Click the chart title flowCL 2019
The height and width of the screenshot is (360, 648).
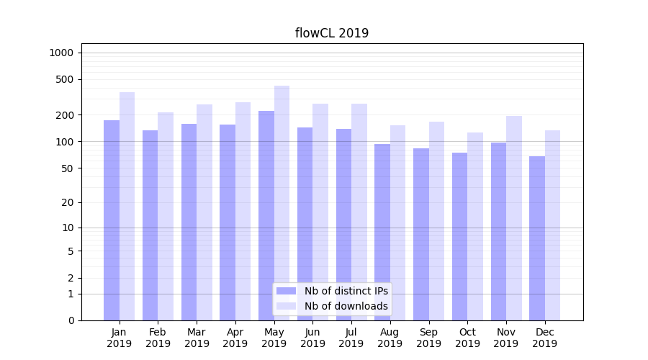point(332,33)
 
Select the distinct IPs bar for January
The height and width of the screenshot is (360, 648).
point(112,220)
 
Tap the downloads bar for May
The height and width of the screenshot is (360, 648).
point(282,202)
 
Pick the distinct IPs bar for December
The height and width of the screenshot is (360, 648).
point(537,238)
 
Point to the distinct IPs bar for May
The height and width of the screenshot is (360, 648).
point(266,215)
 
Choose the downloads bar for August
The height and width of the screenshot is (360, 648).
point(397,222)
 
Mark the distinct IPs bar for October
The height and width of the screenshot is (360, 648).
point(459,236)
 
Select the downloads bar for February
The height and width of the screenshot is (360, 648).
point(166,216)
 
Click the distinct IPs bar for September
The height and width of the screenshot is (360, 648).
point(421,234)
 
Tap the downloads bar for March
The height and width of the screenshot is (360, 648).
point(204,212)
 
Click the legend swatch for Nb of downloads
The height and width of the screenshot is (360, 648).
point(287,306)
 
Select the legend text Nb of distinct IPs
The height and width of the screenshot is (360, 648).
point(346,291)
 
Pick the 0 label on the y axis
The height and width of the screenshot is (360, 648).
point(71,320)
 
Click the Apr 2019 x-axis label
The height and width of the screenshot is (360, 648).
point(235,338)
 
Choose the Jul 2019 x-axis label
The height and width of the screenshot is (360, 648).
point(351,338)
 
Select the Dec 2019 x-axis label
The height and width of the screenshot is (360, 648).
point(544,338)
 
